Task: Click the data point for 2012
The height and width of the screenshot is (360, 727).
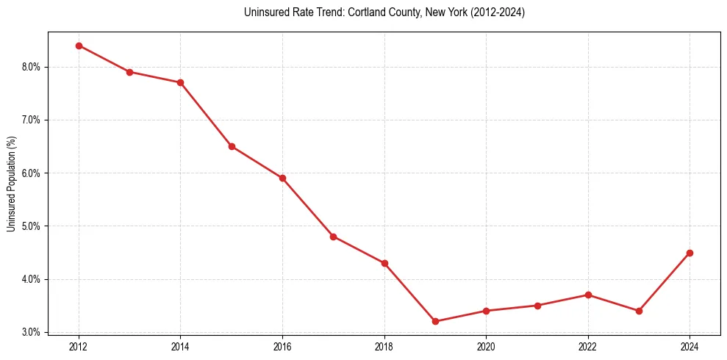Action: click(79, 46)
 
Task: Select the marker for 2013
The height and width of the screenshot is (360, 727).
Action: click(129, 72)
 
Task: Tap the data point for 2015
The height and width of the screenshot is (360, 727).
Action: click(232, 146)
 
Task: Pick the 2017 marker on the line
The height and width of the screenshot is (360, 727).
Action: click(333, 237)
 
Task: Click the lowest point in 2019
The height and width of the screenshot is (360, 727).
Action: click(435, 321)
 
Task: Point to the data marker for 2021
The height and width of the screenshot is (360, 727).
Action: click(537, 306)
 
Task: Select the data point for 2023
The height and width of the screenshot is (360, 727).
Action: click(639, 311)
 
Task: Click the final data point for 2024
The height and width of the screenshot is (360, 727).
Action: click(690, 253)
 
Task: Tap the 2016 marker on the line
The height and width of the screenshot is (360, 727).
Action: click(282, 178)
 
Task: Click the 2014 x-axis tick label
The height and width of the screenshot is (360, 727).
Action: click(180, 346)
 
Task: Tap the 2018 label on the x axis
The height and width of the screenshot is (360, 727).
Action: click(384, 346)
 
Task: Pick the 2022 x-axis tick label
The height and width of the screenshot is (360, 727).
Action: click(588, 346)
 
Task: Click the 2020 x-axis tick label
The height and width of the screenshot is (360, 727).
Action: click(486, 346)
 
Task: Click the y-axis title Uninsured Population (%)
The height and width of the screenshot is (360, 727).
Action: click(11, 184)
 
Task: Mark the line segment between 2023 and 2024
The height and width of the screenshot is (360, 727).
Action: click(665, 281)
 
